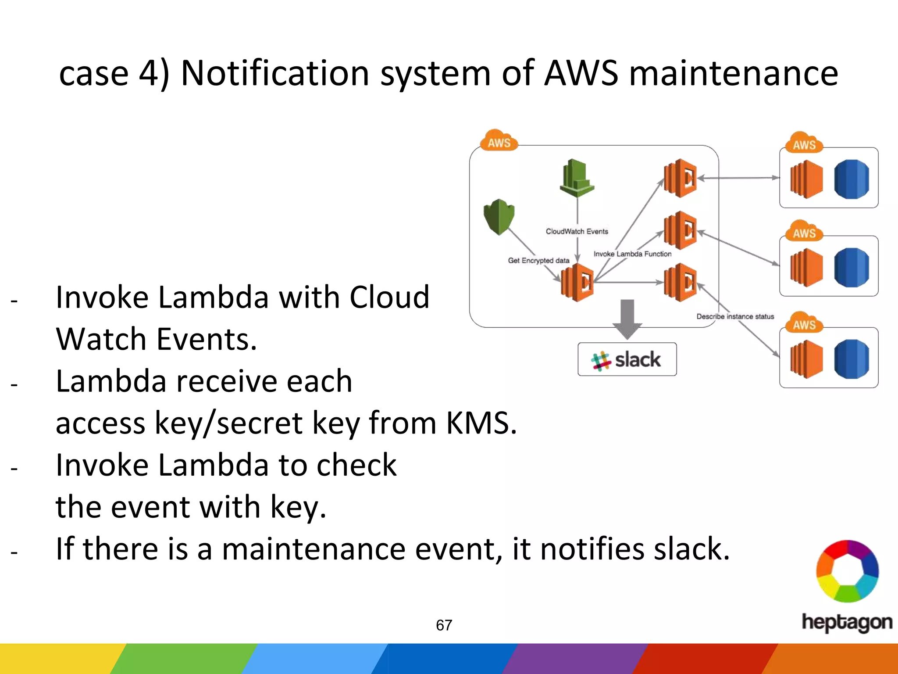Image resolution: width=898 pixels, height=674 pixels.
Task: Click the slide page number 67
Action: [x=444, y=625]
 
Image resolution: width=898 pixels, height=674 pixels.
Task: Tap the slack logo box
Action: [x=627, y=359]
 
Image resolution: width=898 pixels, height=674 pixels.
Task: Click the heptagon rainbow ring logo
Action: [x=847, y=571]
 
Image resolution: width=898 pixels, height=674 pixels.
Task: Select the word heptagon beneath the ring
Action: [x=846, y=622]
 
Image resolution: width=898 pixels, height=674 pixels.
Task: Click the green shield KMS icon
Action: [x=499, y=216]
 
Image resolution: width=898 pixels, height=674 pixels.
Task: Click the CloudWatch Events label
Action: [x=577, y=231]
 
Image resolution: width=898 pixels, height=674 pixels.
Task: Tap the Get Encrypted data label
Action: [x=538, y=260]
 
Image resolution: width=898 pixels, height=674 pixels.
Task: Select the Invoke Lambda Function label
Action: [x=632, y=254]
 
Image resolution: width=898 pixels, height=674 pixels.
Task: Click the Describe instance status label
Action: [x=735, y=316]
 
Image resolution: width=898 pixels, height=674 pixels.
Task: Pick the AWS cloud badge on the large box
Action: [x=499, y=141]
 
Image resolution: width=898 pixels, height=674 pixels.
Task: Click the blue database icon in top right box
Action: [x=851, y=179]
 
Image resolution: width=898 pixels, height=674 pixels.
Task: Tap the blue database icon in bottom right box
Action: [x=851, y=359]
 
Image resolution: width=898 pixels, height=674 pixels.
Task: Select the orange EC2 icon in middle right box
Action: [x=806, y=267]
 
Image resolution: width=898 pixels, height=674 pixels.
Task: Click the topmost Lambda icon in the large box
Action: [x=680, y=178]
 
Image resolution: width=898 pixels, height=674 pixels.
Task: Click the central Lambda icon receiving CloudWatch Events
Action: [x=577, y=283]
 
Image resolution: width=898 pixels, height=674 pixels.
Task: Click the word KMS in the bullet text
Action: [x=481, y=423]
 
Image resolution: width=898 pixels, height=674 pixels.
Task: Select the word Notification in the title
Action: [x=275, y=73]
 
